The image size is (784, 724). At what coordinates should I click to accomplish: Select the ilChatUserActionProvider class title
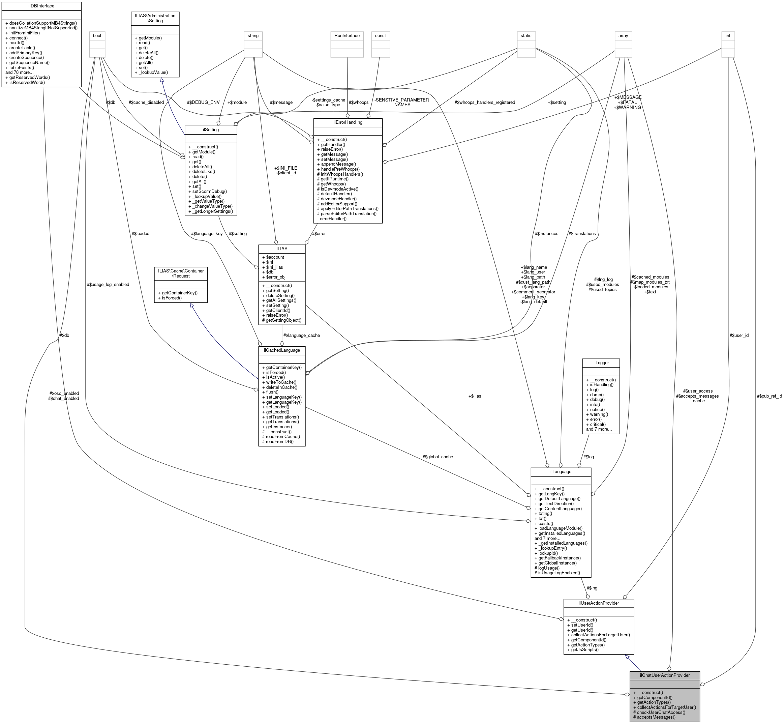pyautogui.click(x=665, y=675)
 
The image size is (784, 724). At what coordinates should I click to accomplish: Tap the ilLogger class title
pyautogui.click(x=601, y=363)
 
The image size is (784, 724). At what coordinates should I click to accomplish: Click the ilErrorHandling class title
pyautogui.click(x=348, y=122)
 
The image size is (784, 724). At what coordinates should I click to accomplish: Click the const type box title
pyautogui.click(x=380, y=36)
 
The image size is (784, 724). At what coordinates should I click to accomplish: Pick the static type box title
pyautogui.click(x=526, y=36)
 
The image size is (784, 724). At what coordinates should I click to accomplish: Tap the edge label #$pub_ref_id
pyautogui.click(x=770, y=396)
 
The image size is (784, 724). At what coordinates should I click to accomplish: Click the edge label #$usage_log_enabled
pyautogui.click(x=108, y=284)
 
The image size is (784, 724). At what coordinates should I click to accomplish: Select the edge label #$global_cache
pyautogui.click(x=438, y=457)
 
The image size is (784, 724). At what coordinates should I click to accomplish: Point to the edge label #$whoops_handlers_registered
pyautogui.click(x=485, y=102)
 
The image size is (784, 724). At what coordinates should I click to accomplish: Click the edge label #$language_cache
pyautogui.click(x=302, y=335)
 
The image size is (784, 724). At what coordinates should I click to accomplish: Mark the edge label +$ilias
pyautogui.click(x=475, y=396)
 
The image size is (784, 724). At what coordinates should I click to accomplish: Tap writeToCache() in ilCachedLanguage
pyautogui.click(x=281, y=382)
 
